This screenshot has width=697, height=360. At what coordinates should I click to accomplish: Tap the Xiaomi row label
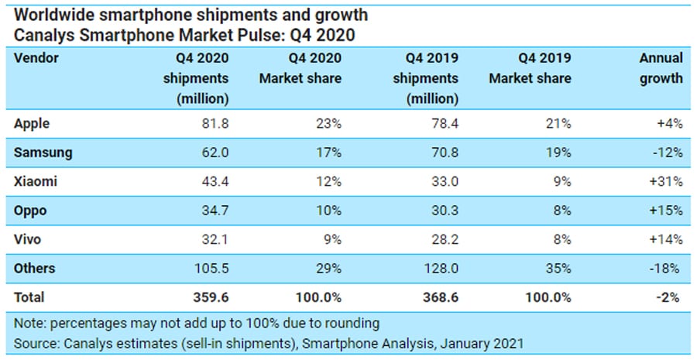(x=36, y=181)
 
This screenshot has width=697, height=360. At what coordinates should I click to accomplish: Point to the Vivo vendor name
(x=29, y=239)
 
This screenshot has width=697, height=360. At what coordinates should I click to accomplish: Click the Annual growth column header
(x=661, y=68)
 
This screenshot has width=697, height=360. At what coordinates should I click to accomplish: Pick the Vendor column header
(x=36, y=58)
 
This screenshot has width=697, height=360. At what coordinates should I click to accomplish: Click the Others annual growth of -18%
(x=667, y=269)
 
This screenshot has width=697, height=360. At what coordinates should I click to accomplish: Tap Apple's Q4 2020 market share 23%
(x=329, y=123)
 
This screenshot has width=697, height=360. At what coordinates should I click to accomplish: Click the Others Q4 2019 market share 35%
(x=559, y=269)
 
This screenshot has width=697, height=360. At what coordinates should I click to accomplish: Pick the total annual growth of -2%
(x=670, y=297)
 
